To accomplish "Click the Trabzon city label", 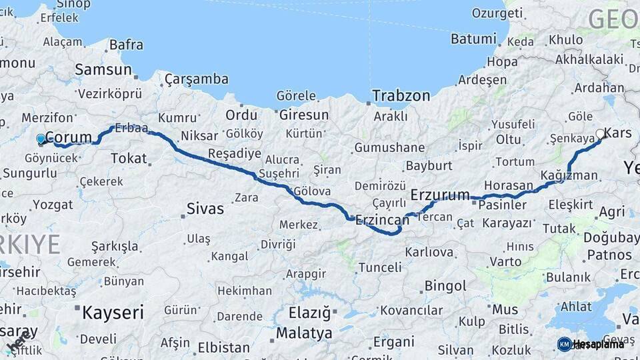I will coord(401,95).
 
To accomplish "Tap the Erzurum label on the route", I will coord(441,195).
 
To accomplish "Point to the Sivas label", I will coord(205,209).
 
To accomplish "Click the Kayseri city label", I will coord(112,311).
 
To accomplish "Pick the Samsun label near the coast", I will coord(103,69).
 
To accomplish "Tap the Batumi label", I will coord(473,39).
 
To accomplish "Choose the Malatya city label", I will coord(304,332).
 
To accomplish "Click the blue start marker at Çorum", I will coord(41,139).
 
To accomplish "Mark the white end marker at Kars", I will coord(600,134).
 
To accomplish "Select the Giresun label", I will coord(303,115).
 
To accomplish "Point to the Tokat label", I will coord(128,158).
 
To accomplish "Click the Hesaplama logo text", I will coord(598,344).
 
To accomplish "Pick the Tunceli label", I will coord(380,267).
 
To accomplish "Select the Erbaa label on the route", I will coord(131,127).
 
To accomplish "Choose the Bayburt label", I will coord(429,165).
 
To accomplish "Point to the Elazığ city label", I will coord(309,312).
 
